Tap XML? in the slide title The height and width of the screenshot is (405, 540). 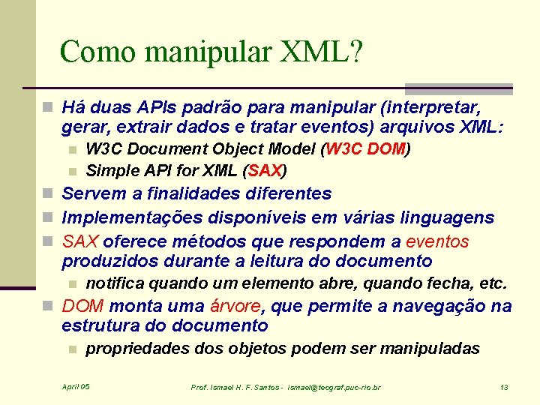coord(322,52)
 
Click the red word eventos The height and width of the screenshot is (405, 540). coord(437,241)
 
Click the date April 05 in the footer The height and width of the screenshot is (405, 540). coord(76,386)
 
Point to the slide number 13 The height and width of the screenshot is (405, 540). coord(504,387)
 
